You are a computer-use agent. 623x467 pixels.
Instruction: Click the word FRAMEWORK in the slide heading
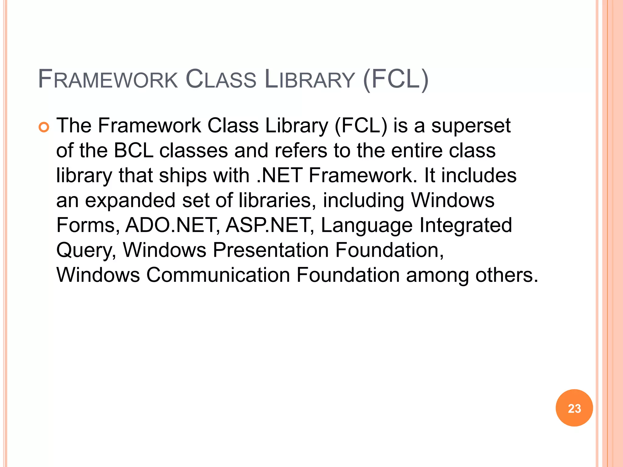[108, 80]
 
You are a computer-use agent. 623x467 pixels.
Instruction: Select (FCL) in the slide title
[396, 80]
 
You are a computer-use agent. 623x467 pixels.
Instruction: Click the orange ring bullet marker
[44, 127]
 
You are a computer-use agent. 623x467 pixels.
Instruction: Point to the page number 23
[574, 408]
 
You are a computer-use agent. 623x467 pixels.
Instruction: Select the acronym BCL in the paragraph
[134, 150]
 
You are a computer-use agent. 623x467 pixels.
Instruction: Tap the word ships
[183, 175]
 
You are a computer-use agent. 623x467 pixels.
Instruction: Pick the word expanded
[130, 201]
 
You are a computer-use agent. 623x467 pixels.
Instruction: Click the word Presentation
[271, 250]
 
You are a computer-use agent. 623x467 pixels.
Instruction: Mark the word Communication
[218, 275]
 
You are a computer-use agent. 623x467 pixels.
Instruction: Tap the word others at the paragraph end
[506, 275]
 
